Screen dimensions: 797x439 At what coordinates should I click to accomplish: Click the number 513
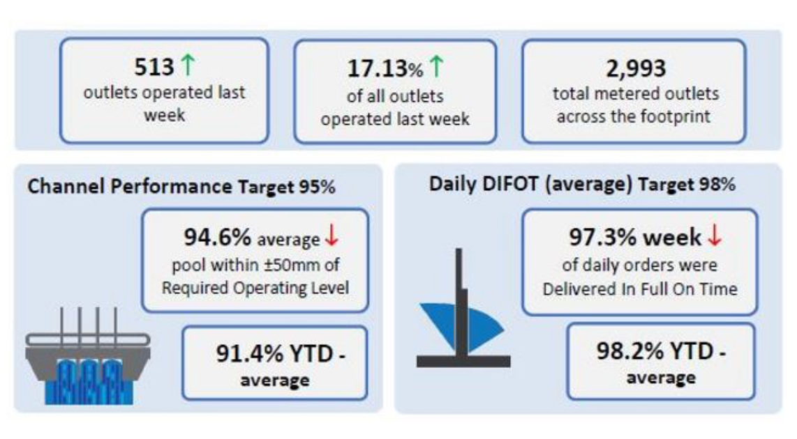tap(154, 66)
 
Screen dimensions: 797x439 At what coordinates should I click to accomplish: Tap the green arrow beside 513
tap(188, 66)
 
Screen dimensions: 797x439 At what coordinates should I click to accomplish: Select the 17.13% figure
tap(385, 68)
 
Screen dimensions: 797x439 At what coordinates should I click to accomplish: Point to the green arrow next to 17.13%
tap(436, 66)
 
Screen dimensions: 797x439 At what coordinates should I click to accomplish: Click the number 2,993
tap(636, 68)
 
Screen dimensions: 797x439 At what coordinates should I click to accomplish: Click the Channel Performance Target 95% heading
tap(181, 187)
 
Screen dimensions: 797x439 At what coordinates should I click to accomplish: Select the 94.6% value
tap(218, 237)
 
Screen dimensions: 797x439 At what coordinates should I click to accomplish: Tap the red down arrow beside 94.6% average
tap(332, 236)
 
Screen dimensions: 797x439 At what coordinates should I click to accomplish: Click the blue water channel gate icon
tap(88, 355)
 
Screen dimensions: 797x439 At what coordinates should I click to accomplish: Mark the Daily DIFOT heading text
tap(582, 184)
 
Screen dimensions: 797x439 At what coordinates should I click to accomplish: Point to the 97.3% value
tap(602, 237)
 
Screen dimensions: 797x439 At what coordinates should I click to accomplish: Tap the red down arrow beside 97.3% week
tap(715, 236)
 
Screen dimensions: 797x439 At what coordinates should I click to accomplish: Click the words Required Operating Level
tap(255, 288)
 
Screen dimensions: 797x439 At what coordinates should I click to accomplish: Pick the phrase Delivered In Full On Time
tap(639, 288)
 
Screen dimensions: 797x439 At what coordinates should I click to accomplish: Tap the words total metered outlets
tap(636, 94)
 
